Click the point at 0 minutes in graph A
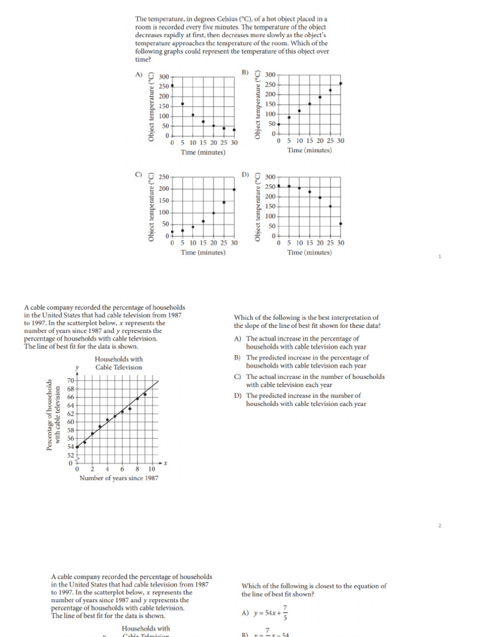[172, 85]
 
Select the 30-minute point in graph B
[340, 83]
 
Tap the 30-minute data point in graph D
[340, 223]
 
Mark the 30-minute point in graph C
[234, 189]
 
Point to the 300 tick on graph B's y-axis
[270, 75]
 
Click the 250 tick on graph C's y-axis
[164, 177]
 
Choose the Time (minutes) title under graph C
[203, 253]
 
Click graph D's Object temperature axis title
[258, 208]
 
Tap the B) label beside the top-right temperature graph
[245, 73]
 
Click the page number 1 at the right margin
[439, 256]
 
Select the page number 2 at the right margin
[439, 526]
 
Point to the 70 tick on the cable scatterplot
[70, 379]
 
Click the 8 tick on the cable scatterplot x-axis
[137, 468]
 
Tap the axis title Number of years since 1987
[118, 478]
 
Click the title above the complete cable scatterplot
[118, 363]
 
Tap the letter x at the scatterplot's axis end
[166, 463]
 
